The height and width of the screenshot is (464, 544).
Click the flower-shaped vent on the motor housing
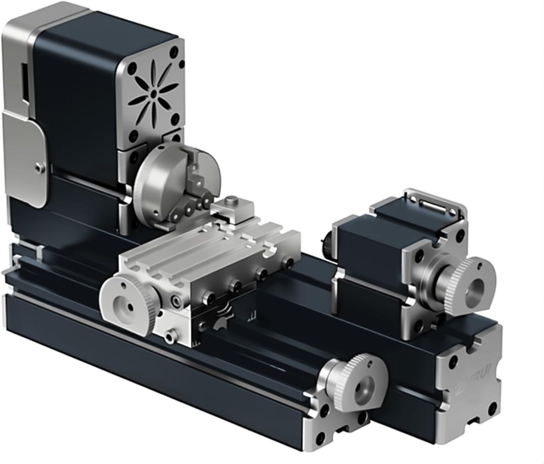coord(154,93)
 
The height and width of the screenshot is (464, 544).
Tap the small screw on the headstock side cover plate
coord(38,167)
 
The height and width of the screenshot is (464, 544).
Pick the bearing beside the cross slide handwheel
coord(177,302)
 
